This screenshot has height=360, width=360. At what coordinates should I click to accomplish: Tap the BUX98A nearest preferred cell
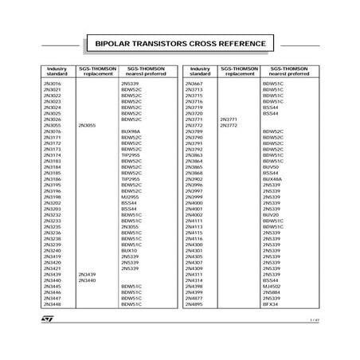point(131,131)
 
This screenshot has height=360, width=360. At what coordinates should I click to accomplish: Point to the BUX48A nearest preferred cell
point(272,179)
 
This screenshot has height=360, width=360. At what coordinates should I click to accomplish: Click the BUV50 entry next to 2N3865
point(271,167)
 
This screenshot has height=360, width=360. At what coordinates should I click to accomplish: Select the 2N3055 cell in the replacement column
point(87,125)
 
